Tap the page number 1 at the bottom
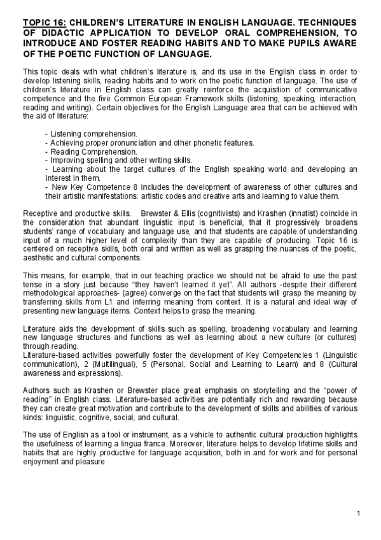359,514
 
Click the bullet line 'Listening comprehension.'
92,134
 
